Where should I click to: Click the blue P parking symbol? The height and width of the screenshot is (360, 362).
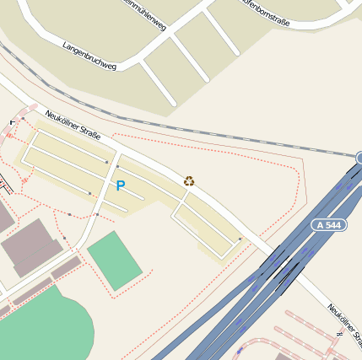click(120, 185)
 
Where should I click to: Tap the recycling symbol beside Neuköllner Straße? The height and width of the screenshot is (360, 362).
click(189, 180)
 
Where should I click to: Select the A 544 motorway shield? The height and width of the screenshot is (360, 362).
click(329, 225)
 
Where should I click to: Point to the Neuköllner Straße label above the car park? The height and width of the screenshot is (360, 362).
click(73, 124)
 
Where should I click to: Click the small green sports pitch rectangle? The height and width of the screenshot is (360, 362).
click(115, 261)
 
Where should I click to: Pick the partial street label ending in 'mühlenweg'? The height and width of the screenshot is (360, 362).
click(143, 15)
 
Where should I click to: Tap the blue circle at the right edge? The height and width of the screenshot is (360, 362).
click(359, 158)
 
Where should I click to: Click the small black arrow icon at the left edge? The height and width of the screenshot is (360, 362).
click(12, 122)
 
